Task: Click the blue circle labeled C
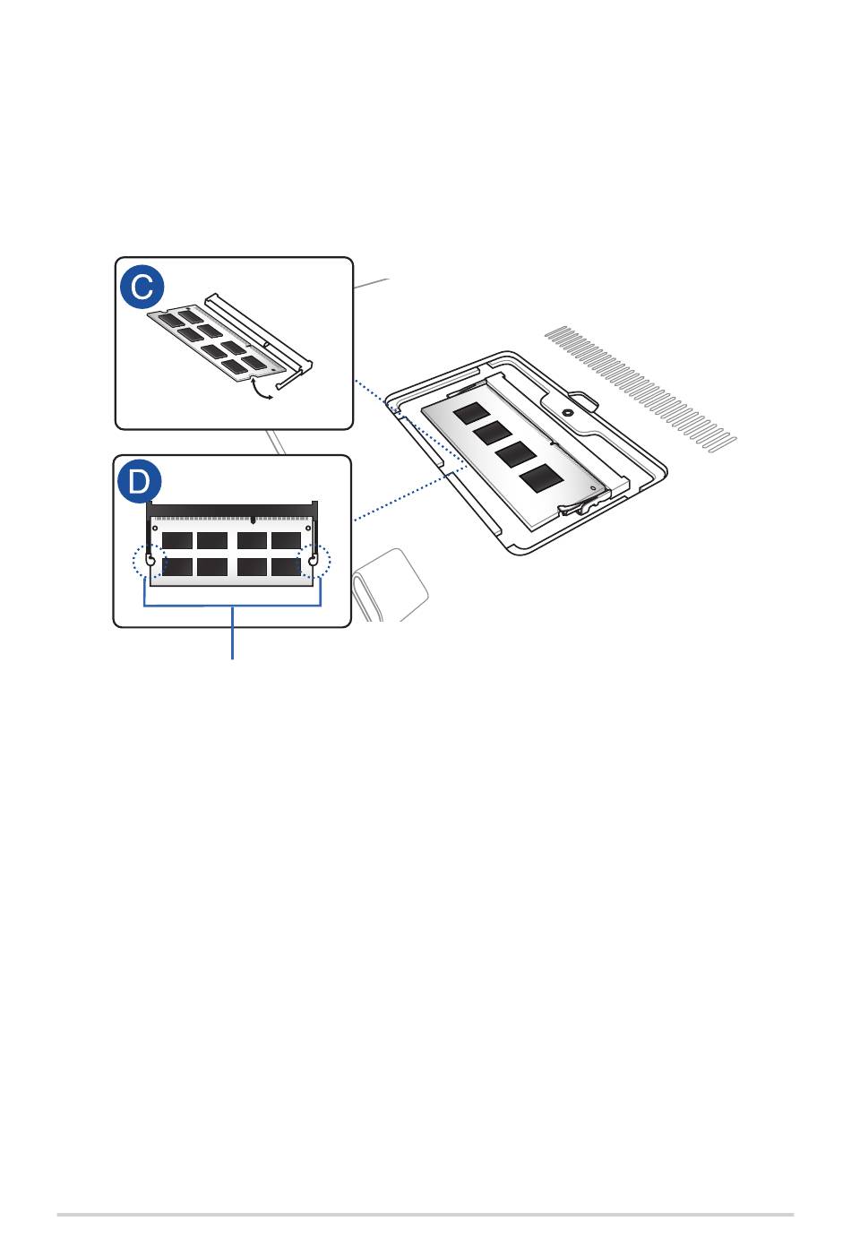[x=142, y=287]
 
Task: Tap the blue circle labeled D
[x=139, y=481]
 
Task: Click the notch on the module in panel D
[x=254, y=520]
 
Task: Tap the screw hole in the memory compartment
[x=567, y=413]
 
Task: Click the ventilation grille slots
[x=640, y=388]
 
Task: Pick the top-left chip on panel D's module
[x=177, y=540]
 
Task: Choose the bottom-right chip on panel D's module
[x=286, y=567]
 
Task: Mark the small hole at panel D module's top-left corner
[x=155, y=528]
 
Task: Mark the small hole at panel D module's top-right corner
[x=308, y=528]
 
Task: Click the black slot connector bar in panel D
[x=232, y=509]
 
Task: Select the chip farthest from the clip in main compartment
[x=471, y=413]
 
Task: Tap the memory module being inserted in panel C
[x=217, y=342]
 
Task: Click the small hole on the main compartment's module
[x=593, y=487]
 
